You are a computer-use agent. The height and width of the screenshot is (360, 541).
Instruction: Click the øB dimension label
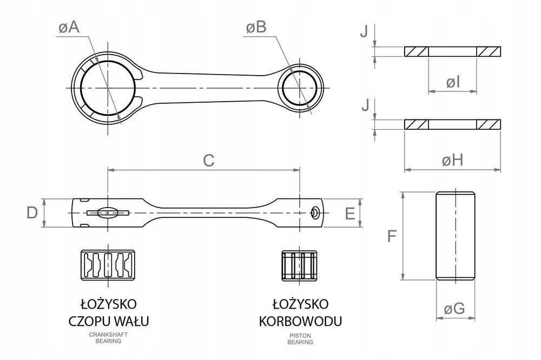pos(255,28)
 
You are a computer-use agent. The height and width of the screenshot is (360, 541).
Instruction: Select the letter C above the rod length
pos(209,160)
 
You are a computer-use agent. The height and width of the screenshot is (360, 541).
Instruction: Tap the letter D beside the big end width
pos(32,213)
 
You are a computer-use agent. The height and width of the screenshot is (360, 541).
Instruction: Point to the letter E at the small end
pos(349,214)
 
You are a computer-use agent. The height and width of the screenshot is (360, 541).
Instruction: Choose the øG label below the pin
pos(454,309)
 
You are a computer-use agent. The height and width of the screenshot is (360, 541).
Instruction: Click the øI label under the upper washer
pos(453,82)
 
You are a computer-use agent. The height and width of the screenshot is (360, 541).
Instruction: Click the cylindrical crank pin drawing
pos(456,236)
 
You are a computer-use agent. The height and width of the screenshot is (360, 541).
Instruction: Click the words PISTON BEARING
pos(301,338)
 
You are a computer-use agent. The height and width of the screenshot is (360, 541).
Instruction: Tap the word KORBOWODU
pos(301,321)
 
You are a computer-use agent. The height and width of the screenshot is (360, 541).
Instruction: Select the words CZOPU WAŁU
pos(109,321)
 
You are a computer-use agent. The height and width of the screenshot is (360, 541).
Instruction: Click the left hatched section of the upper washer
pos(416,52)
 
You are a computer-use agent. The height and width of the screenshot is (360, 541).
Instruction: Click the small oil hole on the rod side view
pos(314,214)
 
